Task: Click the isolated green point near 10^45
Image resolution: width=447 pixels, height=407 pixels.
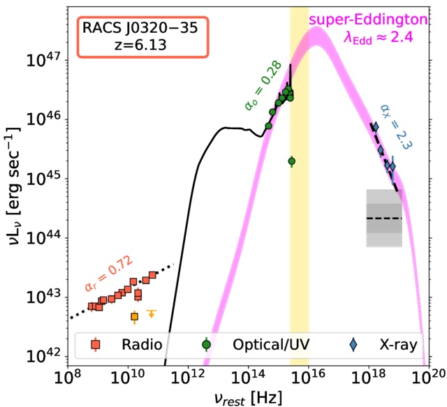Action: click(292, 161)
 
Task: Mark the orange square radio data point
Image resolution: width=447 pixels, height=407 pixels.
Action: click(135, 316)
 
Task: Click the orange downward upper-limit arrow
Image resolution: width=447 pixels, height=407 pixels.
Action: click(151, 314)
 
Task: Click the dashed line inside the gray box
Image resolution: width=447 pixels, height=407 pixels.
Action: click(384, 219)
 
